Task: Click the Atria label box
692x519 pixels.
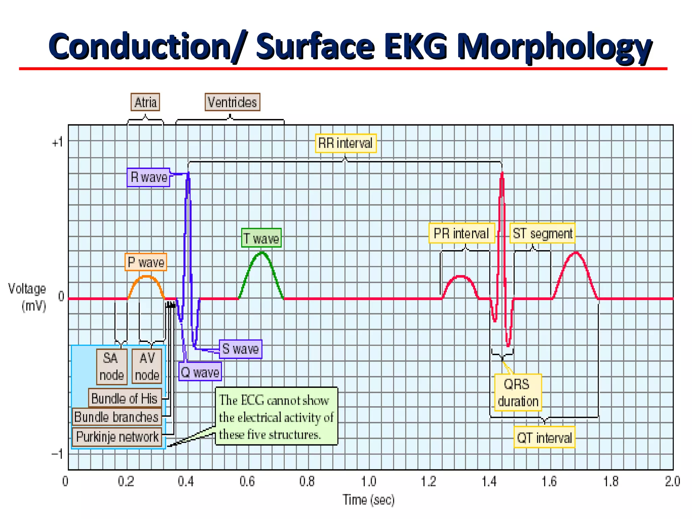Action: point(145,102)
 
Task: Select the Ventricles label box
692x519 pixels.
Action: point(232,102)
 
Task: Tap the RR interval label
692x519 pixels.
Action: point(345,143)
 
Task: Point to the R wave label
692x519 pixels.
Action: point(149,177)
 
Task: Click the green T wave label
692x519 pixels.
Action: point(262,238)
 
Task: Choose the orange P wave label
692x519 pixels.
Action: point(146,262)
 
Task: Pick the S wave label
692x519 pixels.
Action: point(241,349)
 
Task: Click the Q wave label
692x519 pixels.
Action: point(200,372)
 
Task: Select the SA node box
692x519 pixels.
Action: point(112,367)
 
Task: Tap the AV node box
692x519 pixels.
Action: point(147,367)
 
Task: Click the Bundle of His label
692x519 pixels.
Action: point(124,398)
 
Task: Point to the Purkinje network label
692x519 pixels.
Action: point(117,437)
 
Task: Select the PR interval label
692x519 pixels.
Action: point(462,233)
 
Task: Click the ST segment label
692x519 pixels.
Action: point(542,233)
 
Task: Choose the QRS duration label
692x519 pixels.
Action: point(518,392)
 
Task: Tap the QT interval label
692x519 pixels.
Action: point(544,438)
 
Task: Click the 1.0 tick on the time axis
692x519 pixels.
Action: point(368,481)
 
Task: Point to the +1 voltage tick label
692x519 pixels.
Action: point(57,142)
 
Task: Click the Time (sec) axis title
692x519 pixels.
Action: point(369,500)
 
